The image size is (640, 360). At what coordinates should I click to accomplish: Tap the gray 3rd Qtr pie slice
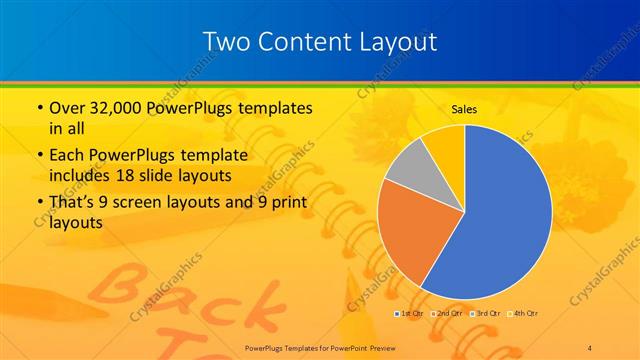(x=409, y=170)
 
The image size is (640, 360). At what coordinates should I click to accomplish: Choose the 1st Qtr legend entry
(x=409, y=313)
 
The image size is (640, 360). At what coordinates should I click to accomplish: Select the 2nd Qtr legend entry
(x=447, y=313)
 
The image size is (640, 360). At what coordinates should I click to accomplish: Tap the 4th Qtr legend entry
(x=524, y=313)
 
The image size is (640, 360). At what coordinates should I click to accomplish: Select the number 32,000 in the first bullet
(x=114, y=108)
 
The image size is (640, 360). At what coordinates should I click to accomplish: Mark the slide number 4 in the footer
(x=590, y=346)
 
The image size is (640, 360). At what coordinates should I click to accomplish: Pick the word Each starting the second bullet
(x=65, y=156)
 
